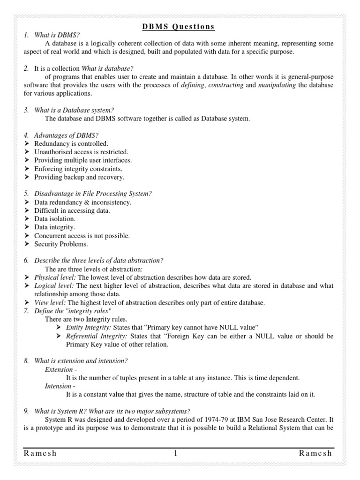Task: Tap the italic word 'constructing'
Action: pyautogui.click(x=225, y=85)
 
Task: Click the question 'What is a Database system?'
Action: pyautogui.click(x=75, y=110)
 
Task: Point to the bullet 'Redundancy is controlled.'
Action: pyautogui.click(x=71, y=143)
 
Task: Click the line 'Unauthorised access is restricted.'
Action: pyautogui.click(x=81, y=152)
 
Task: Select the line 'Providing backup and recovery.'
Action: pyautogui.click(x=79, y=177)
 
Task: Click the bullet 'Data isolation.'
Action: pyautogui.click(x=55, y=219)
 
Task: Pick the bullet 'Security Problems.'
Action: pyautogui.click(x=61, y=244)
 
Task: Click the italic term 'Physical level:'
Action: pyautogui.click(x=54, y=277)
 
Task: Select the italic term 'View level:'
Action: pyautogui.click(x=50, y=303)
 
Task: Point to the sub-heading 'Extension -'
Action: pyautogui.click(x=61, y=369)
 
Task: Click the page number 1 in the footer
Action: pyautogui.click(x=175, y=453)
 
